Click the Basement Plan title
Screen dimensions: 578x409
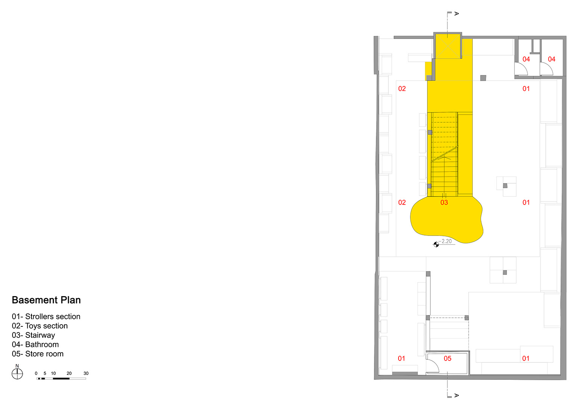pos(46,300)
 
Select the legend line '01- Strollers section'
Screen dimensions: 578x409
pos(46,317)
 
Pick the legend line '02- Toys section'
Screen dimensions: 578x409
pos(40,326)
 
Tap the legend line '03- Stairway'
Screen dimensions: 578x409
pos(33,335)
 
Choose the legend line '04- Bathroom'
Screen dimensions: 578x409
pos(35,345)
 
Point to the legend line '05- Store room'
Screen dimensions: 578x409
pos(38,354)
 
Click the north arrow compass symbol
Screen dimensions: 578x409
pos(17,373)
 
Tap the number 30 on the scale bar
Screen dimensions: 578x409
pos(86,373)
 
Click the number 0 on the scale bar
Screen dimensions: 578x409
pos(36,373)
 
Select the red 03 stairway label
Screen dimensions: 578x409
pos(444,203)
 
